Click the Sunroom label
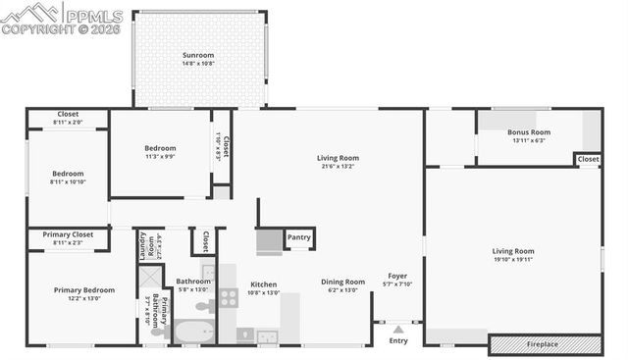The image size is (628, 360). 198,55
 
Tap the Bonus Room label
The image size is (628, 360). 528,132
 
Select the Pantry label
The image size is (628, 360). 298,237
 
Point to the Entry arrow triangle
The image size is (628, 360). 398,329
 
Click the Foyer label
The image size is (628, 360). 397,276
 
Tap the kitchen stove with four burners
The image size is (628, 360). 228,297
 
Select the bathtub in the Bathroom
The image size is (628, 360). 194,333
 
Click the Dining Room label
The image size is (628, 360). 343,283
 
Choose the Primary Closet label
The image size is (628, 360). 68,234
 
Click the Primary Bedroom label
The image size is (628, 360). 84,290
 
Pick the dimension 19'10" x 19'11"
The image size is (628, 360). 513,260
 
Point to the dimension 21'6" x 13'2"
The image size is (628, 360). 338,166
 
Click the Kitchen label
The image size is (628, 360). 264,284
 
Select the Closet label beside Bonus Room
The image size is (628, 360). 588,159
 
